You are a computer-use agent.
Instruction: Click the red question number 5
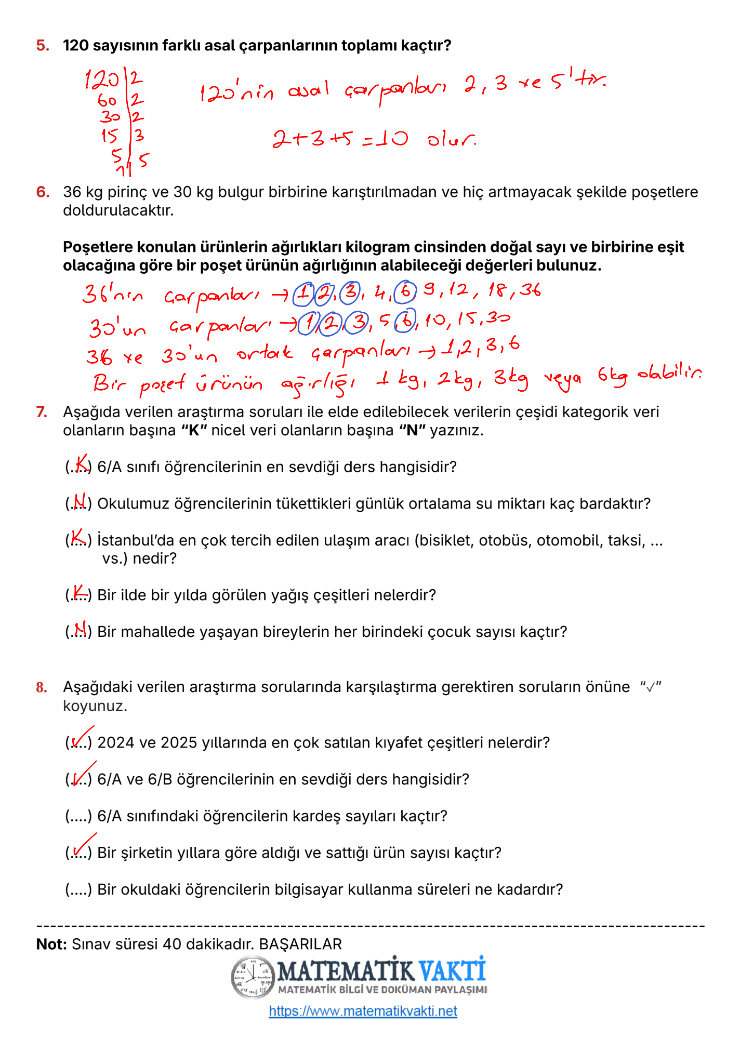(43, 46)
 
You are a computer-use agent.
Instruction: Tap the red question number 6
(43, 192)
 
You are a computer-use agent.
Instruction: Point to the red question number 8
(42, 687)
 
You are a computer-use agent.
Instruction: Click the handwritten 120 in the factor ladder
(102, 80)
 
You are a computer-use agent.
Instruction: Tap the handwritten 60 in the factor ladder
(107, 100)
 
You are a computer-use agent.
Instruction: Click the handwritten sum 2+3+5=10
(340, 139)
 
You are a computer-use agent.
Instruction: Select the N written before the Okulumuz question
(80, 501)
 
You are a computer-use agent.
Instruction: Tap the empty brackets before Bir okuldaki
(78, 890)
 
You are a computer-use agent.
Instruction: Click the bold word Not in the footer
(51, 944)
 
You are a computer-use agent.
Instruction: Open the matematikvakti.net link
(363, 1010)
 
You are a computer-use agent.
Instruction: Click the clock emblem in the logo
(253, 977)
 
